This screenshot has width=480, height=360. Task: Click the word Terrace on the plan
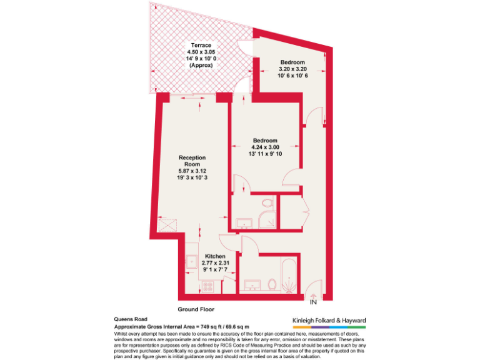201,46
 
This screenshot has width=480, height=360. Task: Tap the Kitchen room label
215,257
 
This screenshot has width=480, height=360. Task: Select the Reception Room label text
191,161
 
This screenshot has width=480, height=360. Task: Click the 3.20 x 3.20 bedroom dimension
292,69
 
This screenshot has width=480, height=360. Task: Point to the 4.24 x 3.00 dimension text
265,147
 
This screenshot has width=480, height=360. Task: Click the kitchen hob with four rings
208,287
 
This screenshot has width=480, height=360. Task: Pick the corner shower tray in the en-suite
267,220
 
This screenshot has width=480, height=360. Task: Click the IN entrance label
313,302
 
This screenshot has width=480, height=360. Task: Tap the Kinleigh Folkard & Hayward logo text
329,320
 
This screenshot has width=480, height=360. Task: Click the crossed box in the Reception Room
167,222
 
